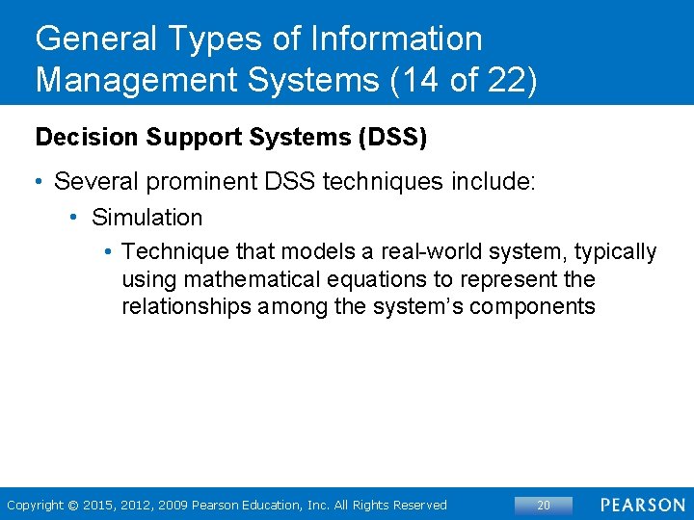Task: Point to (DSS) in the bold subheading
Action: point(392,138)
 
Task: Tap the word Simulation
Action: point(147,218)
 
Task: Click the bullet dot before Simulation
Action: point(74,218)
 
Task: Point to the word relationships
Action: point(180,307)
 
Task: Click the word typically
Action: point(615,252)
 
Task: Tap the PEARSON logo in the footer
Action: point(642,506)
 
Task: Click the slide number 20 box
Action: point(543,506)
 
